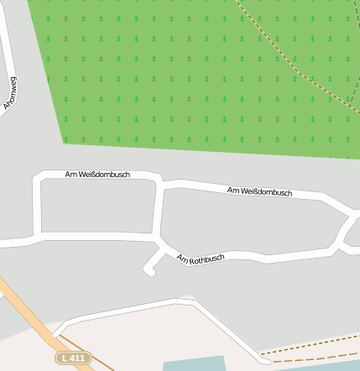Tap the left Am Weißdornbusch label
(97, 174)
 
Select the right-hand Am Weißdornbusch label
(259, 192)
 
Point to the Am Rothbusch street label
(201, 259)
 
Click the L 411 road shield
(73, 358)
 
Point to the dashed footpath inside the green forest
(294, 67)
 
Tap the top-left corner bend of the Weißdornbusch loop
(39, 178)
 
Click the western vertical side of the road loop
(37, 206)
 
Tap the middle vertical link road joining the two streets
(158, 210)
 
